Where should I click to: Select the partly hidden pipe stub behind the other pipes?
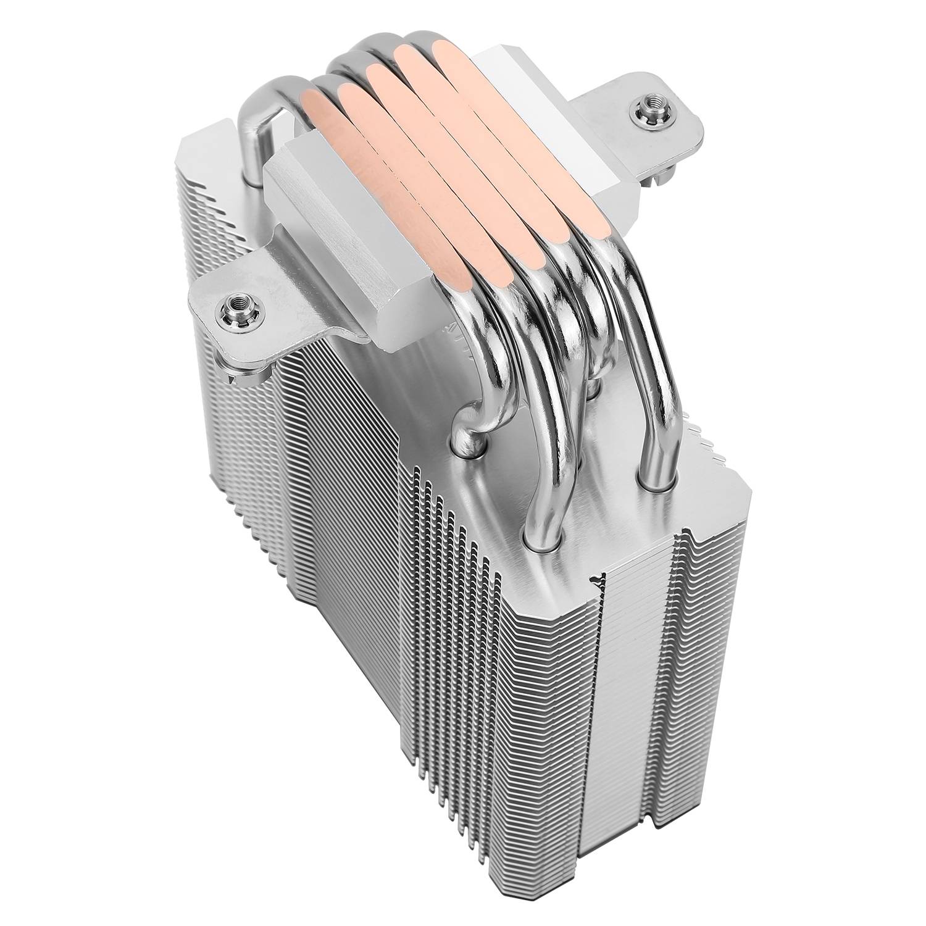pos(591,389)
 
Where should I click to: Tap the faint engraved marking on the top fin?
pos(454,346)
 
